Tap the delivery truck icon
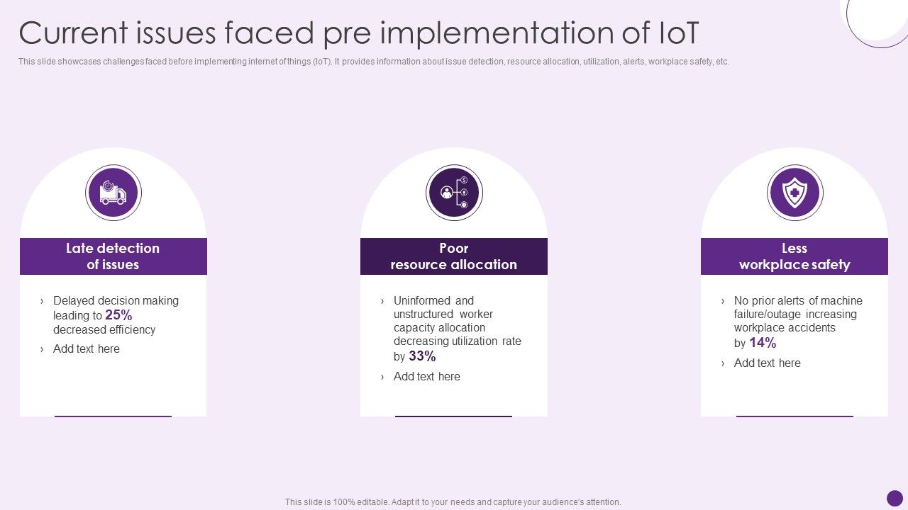(x=113, y=193)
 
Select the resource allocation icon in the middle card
(x=454, y=193)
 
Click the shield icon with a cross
(x=794, y=193)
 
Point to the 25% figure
(x=118, y=315)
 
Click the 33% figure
(x=422, y=356)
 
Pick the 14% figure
(x=763, y=343)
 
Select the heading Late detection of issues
(x=113, y=256)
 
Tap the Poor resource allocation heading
(x=454, y=256)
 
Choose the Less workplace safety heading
(x=794, y=256)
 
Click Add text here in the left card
(x=87, y=348)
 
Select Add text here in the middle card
(x=427, y=376)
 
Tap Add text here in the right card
(x=768, y=363)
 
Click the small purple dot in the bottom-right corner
(x=895, y=498)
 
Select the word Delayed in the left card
(x=74, y=300)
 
